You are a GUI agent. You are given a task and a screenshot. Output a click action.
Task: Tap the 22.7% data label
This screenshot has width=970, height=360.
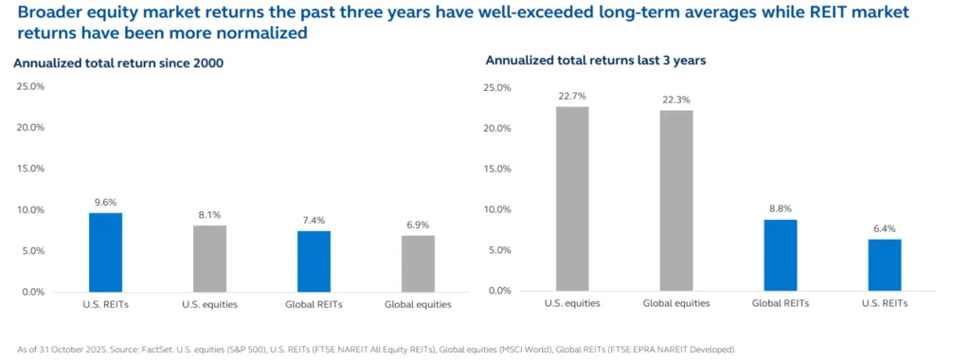tap(572, 95)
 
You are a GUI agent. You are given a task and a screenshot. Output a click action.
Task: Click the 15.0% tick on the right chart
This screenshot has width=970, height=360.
tap(497, 169)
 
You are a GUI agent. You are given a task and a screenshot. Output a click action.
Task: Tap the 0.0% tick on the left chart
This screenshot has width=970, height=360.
tap(32, 292)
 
